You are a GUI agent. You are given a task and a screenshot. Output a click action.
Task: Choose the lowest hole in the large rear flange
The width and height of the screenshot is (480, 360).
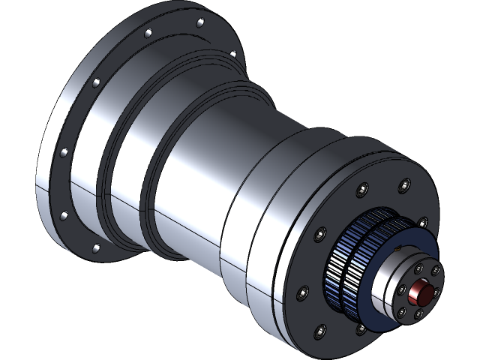coord(94,247)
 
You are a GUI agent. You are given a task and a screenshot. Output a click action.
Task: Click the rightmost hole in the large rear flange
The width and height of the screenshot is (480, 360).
coord(232,54)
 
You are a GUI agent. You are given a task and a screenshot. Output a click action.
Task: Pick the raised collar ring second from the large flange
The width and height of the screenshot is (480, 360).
coord(154,180)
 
